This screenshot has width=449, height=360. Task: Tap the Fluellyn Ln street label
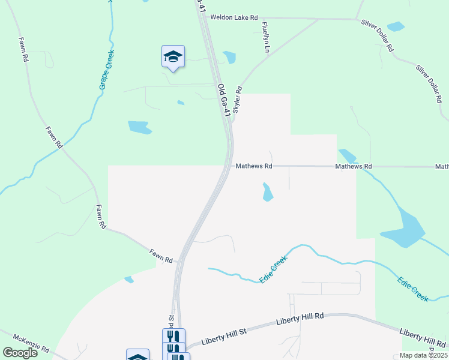tap(264, 37)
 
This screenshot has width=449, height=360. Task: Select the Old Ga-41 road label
tap(223, 99)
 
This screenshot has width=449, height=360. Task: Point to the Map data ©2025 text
tap(423, 355)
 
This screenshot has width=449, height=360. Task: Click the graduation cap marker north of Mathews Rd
tap(173, 56)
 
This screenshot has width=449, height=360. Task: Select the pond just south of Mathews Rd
tap(267, 192)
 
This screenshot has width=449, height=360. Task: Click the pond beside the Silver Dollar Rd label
tap(396, 26)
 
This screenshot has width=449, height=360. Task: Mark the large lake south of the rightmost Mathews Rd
tap(404, 231)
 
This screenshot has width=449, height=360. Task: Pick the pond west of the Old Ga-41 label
tap(139, 127)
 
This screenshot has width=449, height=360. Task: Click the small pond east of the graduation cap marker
tap(229, 57)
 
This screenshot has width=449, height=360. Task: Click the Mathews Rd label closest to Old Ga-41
tap(254, 166)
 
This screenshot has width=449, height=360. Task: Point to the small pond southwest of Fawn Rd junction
tap(128, 279)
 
